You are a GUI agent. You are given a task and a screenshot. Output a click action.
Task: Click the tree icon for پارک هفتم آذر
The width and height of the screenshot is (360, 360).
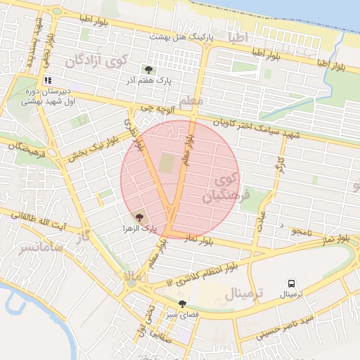pos(148,69)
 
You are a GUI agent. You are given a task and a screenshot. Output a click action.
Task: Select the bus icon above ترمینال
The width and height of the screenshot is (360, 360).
pos(290,283)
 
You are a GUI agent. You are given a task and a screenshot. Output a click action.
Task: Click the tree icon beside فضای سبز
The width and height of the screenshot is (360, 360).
pos(183,304)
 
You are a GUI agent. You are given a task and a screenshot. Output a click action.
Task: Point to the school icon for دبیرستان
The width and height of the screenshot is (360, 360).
pos(48,81)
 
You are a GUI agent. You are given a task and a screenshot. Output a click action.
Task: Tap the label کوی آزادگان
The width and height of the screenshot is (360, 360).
pos(98,62)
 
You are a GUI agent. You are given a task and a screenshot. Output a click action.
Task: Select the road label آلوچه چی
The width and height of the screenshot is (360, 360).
pos(155,109)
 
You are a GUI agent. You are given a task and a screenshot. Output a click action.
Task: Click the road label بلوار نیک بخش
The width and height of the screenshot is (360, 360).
pos(88,146)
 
